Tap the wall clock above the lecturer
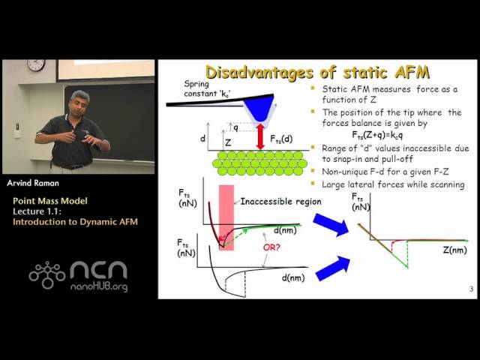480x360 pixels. [36, 65]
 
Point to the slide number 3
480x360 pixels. [470, 289]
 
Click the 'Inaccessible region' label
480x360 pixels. [269, 200]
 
